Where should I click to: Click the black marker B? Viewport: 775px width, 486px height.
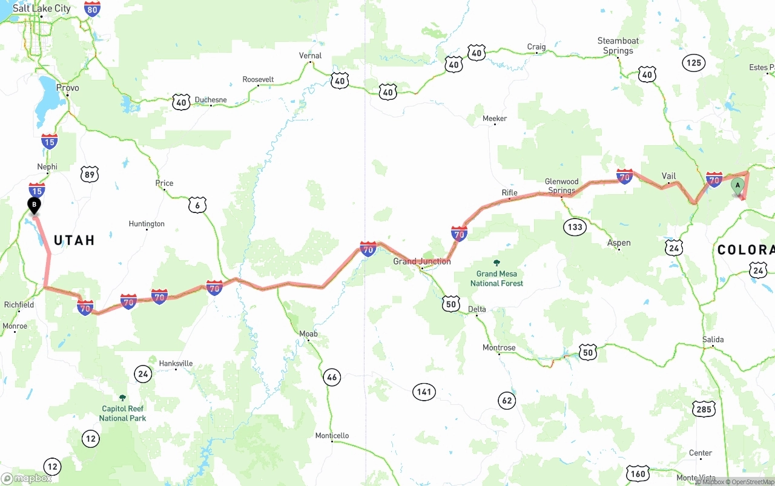(35, 206)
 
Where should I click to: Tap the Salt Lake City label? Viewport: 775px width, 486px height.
(41, 8)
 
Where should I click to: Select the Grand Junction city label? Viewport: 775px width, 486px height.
(422, 261)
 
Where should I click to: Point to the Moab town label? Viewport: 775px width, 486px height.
(308, 333)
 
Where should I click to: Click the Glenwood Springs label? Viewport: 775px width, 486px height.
(561, 186)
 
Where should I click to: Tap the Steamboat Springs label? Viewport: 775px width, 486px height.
(618, 46)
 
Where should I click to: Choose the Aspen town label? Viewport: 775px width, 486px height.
(619, 243)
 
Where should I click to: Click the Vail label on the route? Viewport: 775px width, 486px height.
(668, 176)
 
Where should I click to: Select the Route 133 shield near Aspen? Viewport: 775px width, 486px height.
(575, 227)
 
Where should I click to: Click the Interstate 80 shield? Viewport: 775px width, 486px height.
(92, 8)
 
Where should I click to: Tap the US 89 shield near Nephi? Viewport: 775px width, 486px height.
(89, 175)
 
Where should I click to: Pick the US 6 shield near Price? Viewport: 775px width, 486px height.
(197, 205)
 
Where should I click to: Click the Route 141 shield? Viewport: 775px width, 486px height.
(424, 392)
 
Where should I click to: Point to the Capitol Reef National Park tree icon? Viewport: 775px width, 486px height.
(122, 398)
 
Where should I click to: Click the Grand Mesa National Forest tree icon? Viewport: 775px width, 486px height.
(496, 263)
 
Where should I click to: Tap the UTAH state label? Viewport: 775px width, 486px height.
(74, 240)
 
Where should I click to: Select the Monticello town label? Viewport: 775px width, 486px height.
(332, 436)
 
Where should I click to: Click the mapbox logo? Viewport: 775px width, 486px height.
(27, 478)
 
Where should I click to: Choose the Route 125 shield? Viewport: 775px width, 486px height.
(694, 62)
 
